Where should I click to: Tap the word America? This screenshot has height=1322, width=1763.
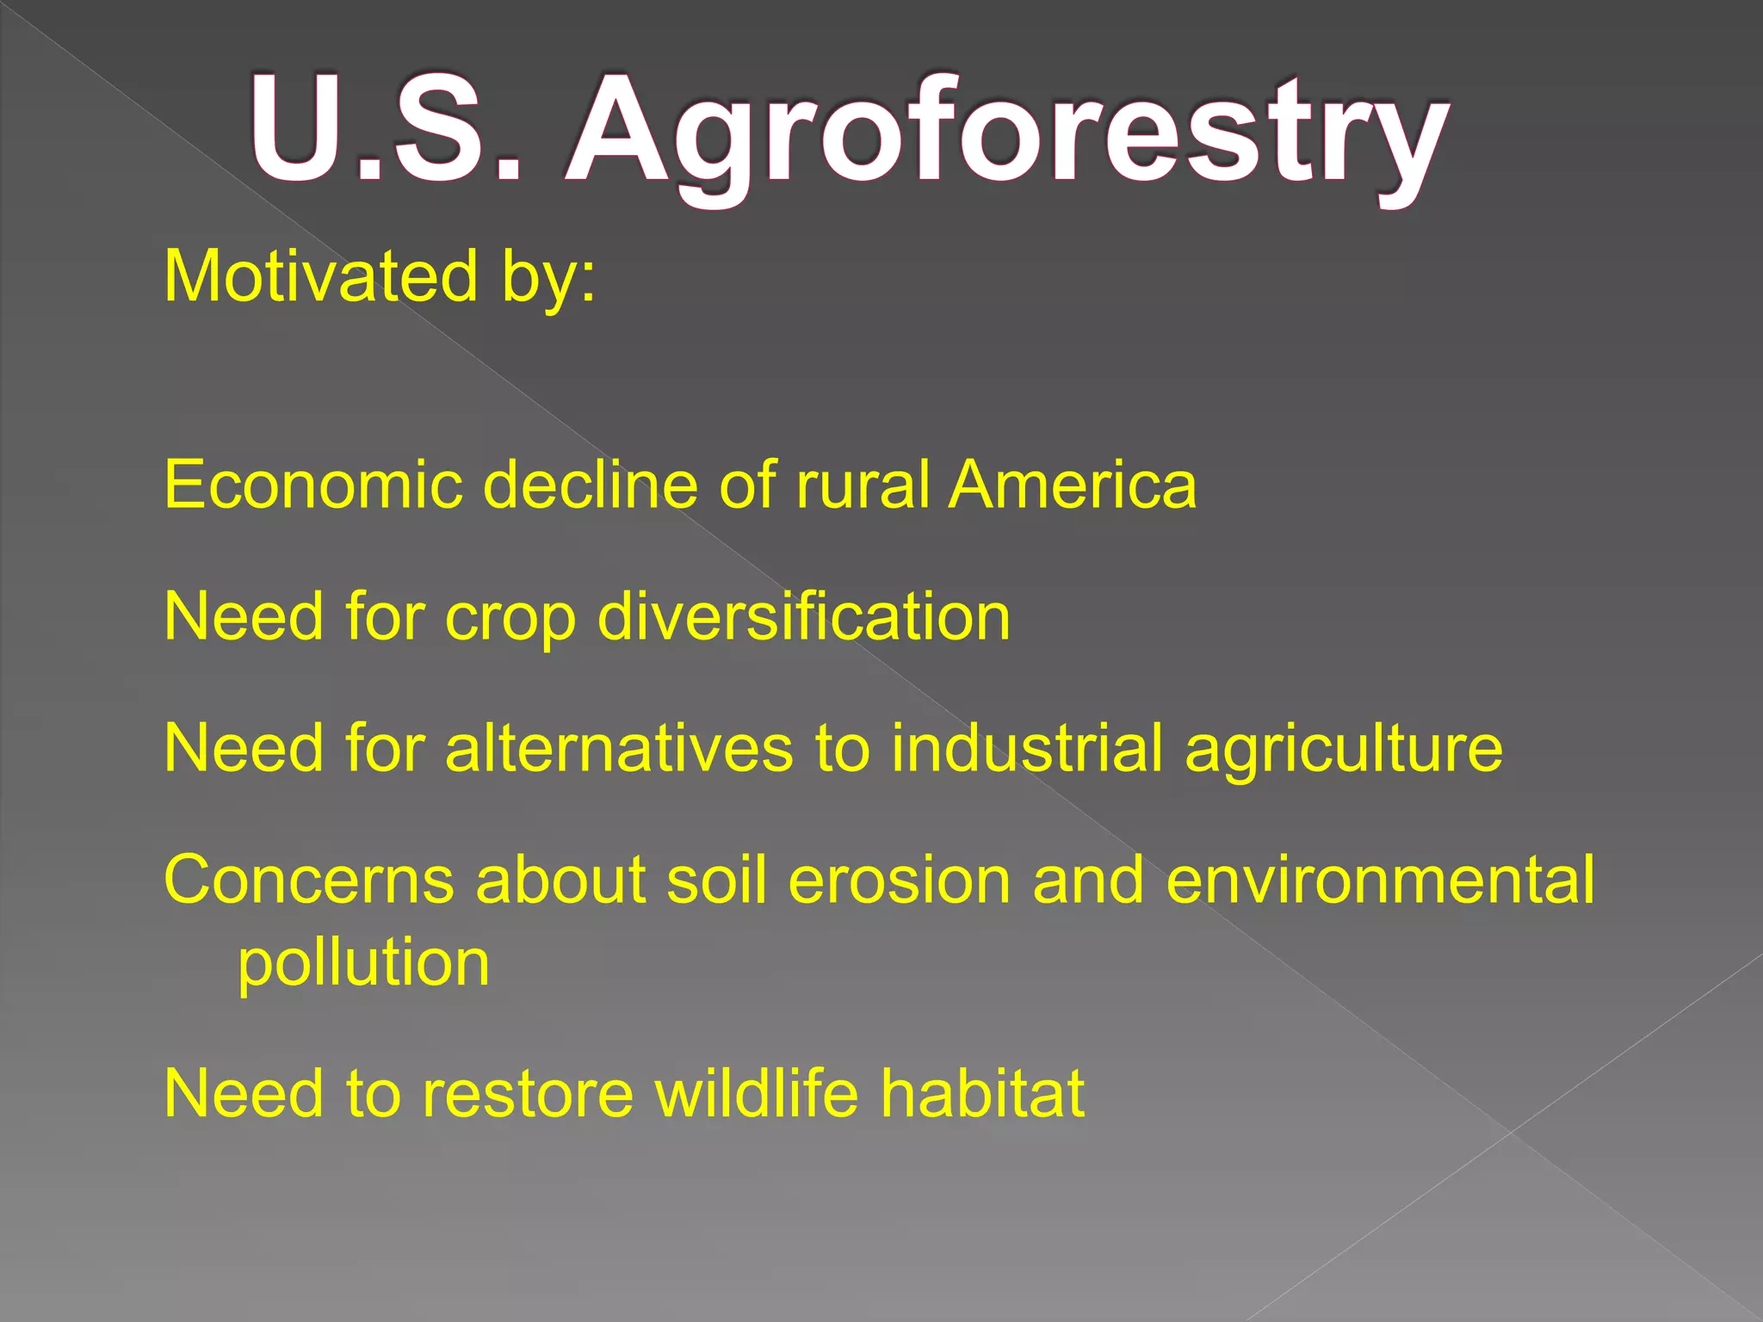coord(1072,485)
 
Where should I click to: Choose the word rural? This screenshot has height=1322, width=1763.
coord(863,485)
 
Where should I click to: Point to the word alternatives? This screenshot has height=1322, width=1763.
coord(619,749)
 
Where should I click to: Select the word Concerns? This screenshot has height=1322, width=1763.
coord(309,881)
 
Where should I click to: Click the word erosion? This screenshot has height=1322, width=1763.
coord(899,881)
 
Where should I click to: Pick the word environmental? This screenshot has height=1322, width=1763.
coord(1380,881)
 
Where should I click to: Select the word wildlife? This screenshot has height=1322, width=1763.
coord(757,1093)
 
